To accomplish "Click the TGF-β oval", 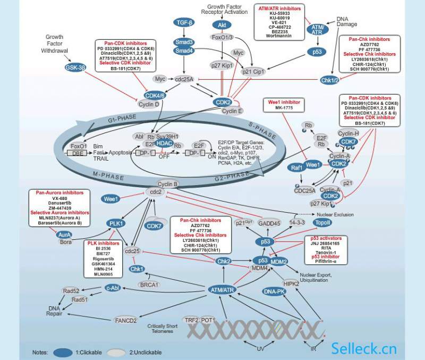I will click(184, 22).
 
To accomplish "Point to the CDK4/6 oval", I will click(155, 95).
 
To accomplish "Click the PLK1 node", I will click(116, 223).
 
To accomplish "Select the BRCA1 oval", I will click(150, 284).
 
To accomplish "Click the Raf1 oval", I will click(296, 168).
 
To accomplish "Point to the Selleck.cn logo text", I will click(364, 348).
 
